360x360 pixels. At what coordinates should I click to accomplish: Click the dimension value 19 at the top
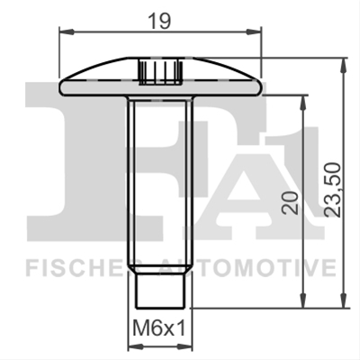[160, 21]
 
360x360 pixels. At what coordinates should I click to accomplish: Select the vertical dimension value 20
[292, 202]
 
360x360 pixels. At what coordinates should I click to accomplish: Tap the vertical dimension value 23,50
[333, 190]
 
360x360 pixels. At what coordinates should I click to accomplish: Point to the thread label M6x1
[159, 328]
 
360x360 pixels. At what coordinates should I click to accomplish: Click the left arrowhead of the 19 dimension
[67, 31]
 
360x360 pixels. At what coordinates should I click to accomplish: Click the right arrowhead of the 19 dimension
[255, 31]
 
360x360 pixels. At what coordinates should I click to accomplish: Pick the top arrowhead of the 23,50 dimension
[344, 65]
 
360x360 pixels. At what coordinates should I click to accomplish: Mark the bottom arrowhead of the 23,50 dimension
[344, 300]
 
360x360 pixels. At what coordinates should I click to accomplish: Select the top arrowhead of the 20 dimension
[303, 103]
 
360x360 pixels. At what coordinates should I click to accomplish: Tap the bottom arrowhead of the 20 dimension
[303, 300]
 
